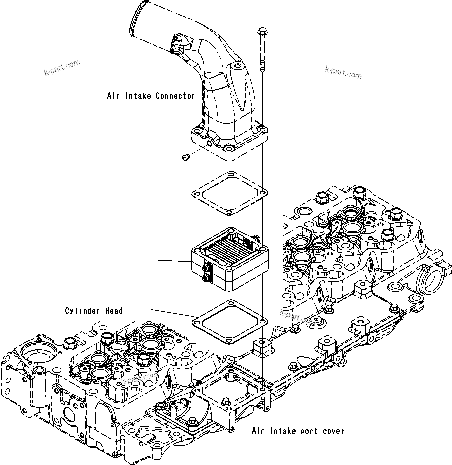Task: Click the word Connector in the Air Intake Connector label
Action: pos(175,96)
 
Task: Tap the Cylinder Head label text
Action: pos(94,311)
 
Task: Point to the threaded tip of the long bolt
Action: pos(262,68)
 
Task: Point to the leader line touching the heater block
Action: pos(172,261)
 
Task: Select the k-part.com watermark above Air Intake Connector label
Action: pos(62,67)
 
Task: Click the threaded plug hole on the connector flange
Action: pos(208,143)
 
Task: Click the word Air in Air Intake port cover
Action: pos(258,431)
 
